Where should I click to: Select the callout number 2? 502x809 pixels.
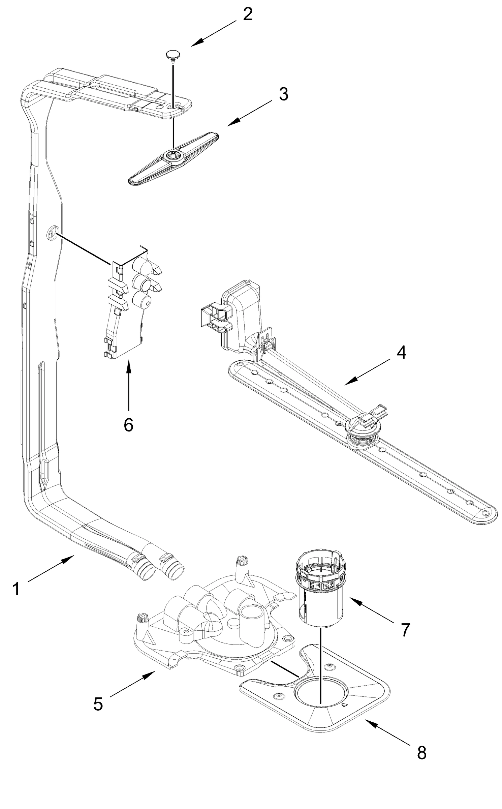tap(248, 14)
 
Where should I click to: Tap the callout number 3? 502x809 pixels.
tap(284, 94)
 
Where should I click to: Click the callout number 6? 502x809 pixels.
tap(128, 425)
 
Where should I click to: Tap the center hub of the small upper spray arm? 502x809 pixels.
tap(173, 155)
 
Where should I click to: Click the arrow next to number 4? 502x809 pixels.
tap(367, 372)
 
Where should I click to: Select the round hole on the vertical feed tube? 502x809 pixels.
tap(52, 233)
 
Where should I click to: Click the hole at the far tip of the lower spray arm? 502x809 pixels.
tap(485, 513)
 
